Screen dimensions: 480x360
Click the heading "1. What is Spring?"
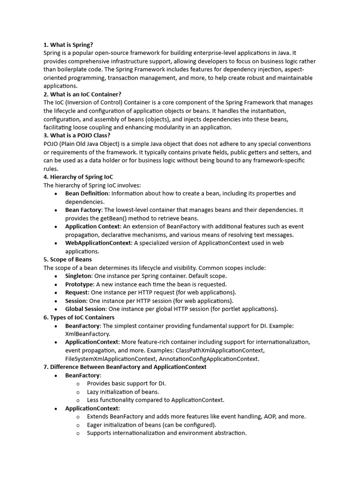tap(68, 45)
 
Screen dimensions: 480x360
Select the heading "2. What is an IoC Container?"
tap(82, 94)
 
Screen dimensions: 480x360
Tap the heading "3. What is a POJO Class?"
tap(77, 135)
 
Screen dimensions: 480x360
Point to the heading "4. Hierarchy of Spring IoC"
tap(78, 177)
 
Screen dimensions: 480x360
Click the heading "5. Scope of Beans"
tap(67, 259)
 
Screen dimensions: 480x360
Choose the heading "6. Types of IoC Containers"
tap(79, 317)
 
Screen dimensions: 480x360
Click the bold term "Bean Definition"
tap(87, 193)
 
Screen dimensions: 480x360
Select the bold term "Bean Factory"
tap(83, 210)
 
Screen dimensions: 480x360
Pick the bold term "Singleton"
tap(78, 276)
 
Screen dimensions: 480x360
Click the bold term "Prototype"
tap(79, 284)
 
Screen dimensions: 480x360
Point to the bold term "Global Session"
tap(85, 309)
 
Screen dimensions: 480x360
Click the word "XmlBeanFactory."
tap(88, 334)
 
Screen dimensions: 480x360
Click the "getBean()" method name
tap(105, 218)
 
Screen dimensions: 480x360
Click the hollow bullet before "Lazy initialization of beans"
tap(78, 392)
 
